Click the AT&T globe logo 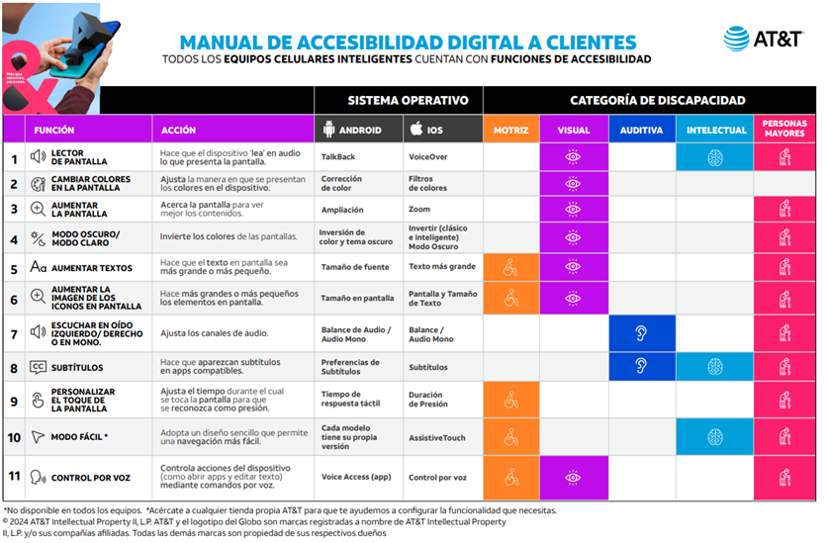[736, 40]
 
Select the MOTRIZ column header [510, 130]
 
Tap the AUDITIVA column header [642, 130]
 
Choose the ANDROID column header [357, 130]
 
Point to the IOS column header [441, 130]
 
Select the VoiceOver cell [428, 156]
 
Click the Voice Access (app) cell [356, 477]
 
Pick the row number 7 [14, 333]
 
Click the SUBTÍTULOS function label [79, 367]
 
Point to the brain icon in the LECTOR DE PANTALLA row [714, 156]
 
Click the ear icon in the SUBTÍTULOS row [641, 366]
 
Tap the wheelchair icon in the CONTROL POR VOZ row [510, 477]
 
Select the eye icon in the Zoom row [573, 209]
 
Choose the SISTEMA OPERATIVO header [399, 101]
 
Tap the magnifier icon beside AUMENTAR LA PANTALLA [38, 209]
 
